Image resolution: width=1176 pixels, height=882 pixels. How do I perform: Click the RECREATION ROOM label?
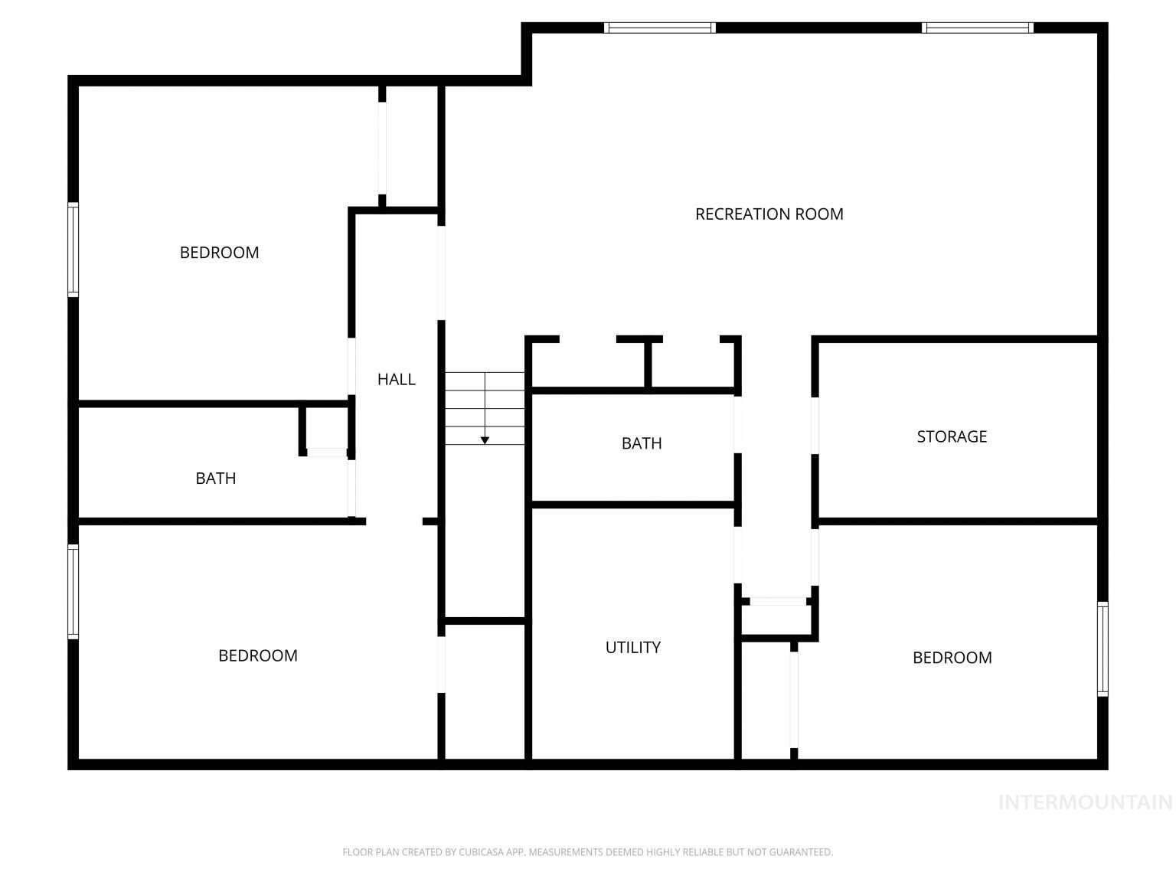tap(769, 214)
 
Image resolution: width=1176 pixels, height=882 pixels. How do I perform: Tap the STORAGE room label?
tap(952, 436)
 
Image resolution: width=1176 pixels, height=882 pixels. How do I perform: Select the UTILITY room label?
tap(632, 648)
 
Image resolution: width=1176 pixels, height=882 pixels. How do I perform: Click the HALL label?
tap(397, 379)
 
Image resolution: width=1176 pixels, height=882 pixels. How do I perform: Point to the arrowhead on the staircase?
tap(485, 440)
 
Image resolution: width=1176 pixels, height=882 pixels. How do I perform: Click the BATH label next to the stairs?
tap(642, 443)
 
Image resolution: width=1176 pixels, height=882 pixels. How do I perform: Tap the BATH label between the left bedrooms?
tap(216, 479)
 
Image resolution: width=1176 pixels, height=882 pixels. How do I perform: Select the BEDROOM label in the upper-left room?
tap(219, 253)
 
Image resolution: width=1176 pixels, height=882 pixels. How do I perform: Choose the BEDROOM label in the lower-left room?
tap(258, 655)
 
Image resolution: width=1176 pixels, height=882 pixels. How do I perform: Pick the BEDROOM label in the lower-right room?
tap(952, 658)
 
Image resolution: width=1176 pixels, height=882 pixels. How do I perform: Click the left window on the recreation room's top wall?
tap(659, 28)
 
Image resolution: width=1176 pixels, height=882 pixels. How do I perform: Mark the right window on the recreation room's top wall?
tap(978, 28)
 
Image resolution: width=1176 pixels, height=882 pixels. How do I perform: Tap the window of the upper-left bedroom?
tap(73, 250)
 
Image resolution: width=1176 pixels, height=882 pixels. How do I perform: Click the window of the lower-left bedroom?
tap(73, 591)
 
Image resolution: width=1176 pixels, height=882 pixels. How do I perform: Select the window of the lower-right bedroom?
tap(1102, 648)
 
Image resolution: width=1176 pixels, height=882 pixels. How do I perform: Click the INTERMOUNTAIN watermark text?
tap(1085, 802)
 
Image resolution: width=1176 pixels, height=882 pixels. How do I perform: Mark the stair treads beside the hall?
tap(485, 407)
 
